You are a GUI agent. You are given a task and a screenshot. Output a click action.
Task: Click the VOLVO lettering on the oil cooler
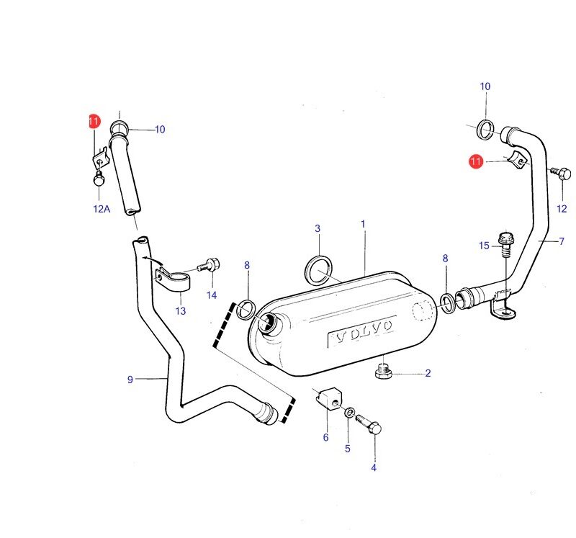(x=361, y=331)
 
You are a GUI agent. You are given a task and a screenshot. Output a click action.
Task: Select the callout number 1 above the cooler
(x=363, y=224)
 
